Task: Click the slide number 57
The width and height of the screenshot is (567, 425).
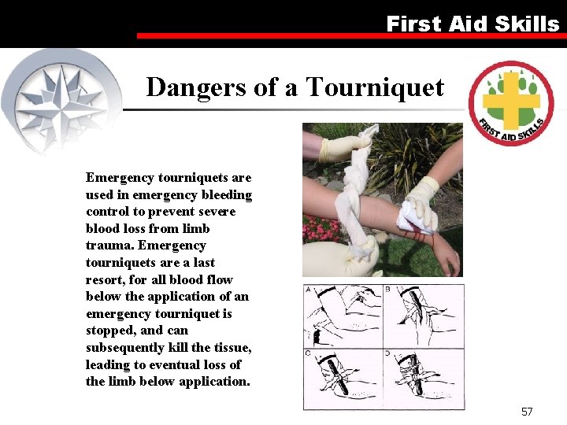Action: tap(527, 412)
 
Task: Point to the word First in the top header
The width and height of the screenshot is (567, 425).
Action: tap(413, 24)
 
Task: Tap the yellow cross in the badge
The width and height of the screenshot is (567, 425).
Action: tap(510, 101)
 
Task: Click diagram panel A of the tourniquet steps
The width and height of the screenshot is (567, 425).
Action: tap(343, 315)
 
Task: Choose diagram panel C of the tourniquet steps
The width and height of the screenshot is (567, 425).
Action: tap(343, 378)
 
